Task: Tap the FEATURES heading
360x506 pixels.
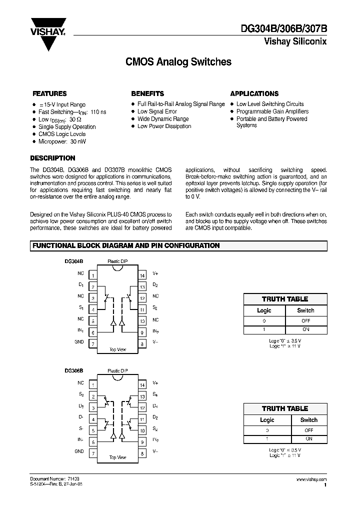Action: (x=49, y=93)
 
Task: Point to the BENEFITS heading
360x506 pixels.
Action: (x=147, y=93)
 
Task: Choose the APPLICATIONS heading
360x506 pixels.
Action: (x=254, y=93)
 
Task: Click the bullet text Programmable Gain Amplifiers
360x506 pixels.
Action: (x=272, y=111)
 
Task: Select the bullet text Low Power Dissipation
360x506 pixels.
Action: (x=164, y=126)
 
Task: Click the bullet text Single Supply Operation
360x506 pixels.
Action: (x=67, y=127)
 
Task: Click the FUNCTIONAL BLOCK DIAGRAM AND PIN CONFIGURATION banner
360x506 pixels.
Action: (x=126, y=245)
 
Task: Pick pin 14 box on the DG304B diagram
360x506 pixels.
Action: (x=142, y=274)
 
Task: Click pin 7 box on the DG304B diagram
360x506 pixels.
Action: (x=93, y=343)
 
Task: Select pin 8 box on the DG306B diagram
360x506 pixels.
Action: (x=142, y=453)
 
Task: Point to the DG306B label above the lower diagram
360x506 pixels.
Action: (x=73, y=371)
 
